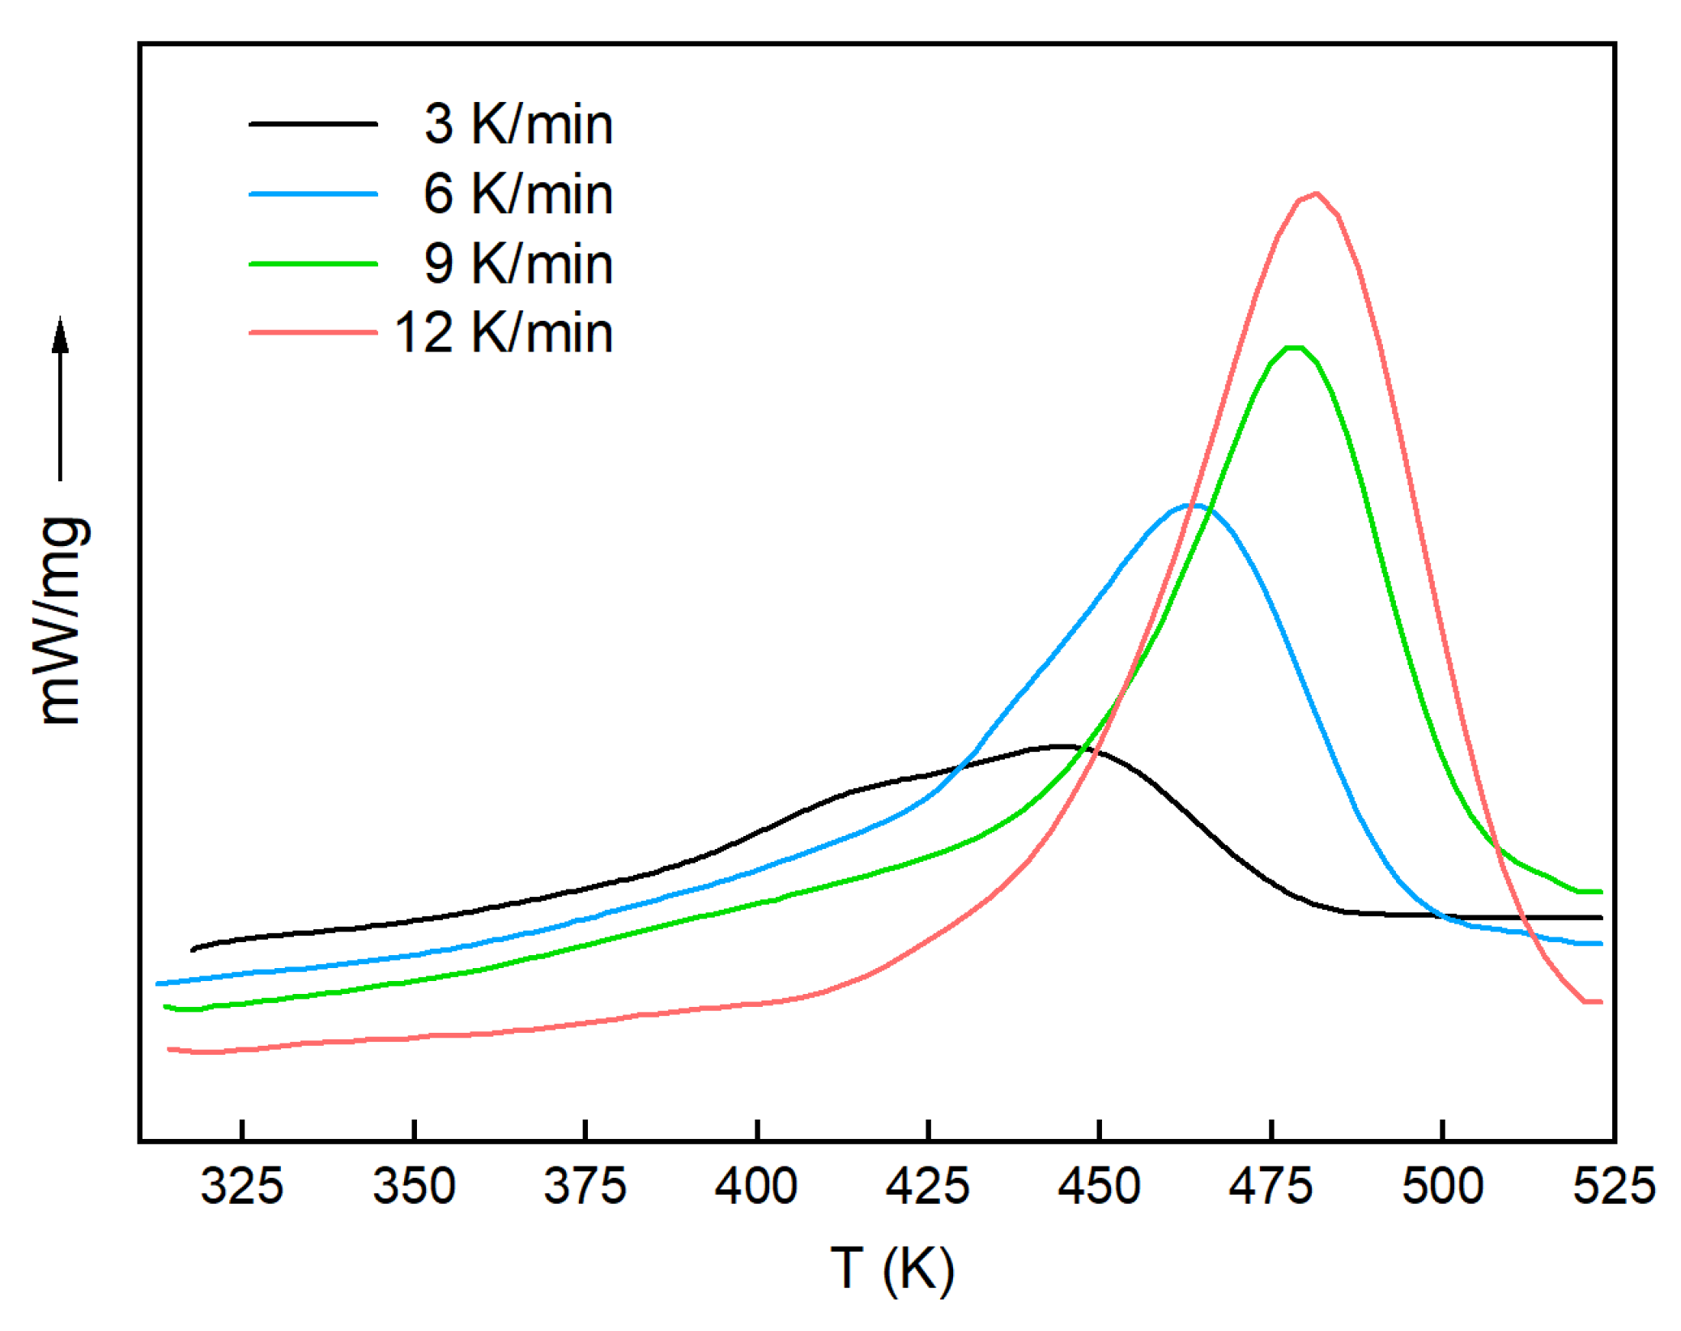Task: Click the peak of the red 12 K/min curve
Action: [1316, 194]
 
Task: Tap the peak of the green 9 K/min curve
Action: [1294, 348]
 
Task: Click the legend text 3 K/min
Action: [518, 125]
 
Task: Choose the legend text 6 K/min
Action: [518, 194]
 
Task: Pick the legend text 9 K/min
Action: [518, 264]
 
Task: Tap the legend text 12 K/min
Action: [504, 333]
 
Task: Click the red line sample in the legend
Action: [313, 333]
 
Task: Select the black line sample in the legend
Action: [313, 125]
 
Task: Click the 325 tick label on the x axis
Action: [241, 1187]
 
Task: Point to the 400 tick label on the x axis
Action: [755, 1187]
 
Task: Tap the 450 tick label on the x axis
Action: [1099, 1187]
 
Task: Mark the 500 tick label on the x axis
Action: [1442, 1187]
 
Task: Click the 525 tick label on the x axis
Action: [1614, 1187]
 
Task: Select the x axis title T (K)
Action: [892, 1269]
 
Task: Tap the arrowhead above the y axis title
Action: [60, 334]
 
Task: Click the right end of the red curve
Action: [1600, 1002]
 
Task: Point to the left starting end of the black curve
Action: [193, 949]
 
